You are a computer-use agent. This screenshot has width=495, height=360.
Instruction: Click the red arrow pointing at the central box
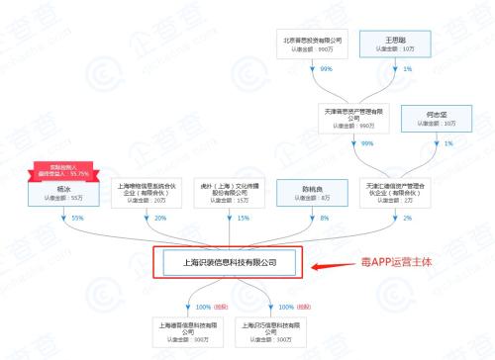click(327, 264)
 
